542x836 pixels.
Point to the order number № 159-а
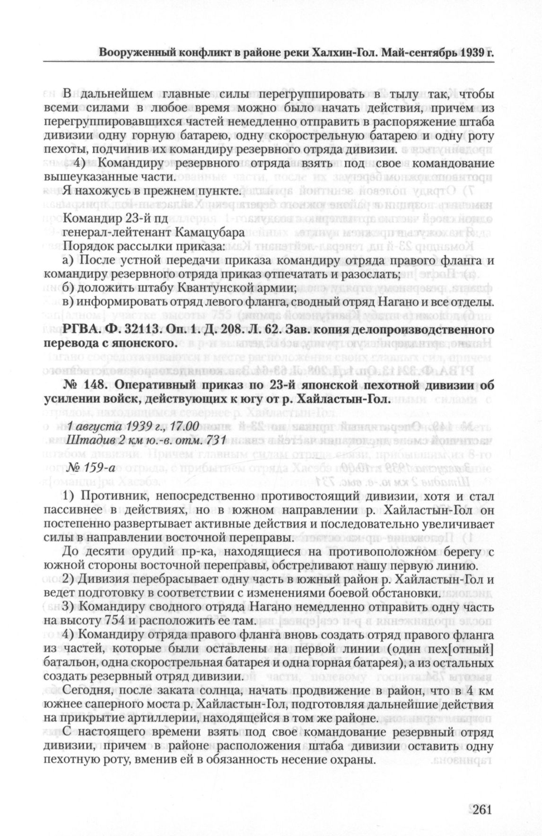tap(87, 469)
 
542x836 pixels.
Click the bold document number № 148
tap(82, 386)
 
